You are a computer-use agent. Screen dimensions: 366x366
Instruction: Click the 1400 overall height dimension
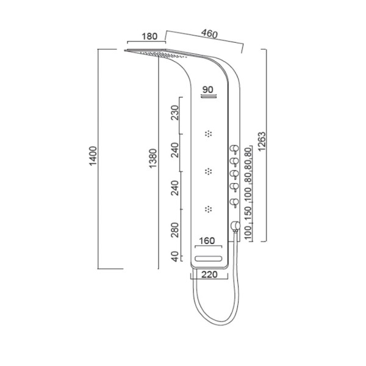[x=93, y=156]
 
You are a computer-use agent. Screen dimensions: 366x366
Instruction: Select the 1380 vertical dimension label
[x=153, y=158]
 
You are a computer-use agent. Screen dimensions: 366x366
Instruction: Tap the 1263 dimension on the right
[x=262, y=142]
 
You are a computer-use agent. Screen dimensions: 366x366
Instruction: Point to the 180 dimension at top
[x=149, y=37]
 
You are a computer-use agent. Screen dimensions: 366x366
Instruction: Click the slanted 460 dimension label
[x=209, y=34]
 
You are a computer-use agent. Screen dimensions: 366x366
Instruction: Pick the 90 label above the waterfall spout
[x=208, y=90]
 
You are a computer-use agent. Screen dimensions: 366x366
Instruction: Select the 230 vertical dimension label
[x=174, y=113]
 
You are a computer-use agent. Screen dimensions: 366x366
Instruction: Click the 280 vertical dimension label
[x=174, y=230]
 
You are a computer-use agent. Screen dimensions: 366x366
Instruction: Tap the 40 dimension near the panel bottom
[x=174, y=257]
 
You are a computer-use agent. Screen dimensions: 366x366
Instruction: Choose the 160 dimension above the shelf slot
[x=207, y=241]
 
